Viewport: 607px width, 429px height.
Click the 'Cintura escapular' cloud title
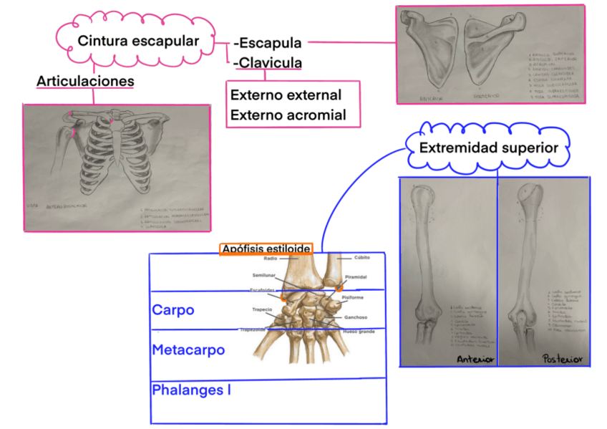coord(138,41)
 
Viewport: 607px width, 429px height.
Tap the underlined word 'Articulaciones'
coord(85,82)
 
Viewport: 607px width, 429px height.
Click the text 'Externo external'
coord(286,95)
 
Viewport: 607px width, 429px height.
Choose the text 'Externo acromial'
coord(288,115)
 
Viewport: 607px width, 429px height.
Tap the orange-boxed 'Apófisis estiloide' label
coord(266,249)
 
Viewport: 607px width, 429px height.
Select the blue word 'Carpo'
coord(173,310)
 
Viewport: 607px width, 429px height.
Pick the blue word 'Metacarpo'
coord(188,350)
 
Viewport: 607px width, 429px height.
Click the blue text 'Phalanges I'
coord(190,390)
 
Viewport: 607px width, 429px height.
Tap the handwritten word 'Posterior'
coord(562,358)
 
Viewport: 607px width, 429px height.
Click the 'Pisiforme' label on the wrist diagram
coord(353,297)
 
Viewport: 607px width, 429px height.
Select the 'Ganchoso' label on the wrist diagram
coord(356,317)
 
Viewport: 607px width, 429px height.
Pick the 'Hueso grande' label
coord(359,332)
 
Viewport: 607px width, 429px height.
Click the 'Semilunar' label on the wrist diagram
coord(264,275)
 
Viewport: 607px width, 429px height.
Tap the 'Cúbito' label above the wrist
coord(362,257)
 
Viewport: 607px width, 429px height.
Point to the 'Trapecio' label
coord(262,309)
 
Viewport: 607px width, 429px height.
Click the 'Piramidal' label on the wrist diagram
coord(356,276)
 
